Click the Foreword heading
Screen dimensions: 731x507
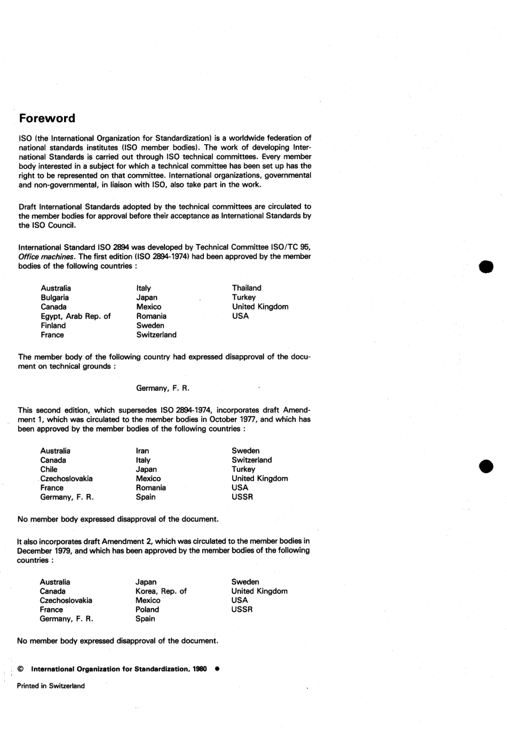(47, 119)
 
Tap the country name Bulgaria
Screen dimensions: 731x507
(54, 297)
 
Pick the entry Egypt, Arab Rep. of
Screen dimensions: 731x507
(76, 316)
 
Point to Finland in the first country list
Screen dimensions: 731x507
(53, 326)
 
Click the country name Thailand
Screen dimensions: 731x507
(247, 288)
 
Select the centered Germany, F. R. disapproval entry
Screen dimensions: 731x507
(163, 388)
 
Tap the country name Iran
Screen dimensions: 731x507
(142, 451)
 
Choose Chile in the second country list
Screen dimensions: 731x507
(49, 469)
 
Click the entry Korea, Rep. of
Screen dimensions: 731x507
(161, 591)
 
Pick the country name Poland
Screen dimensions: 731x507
(147, 609)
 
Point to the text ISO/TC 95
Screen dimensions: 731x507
(291, 247)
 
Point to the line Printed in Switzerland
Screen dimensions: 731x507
(51, 686)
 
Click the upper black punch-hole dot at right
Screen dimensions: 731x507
(486, 266)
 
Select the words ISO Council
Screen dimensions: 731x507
(53, 225)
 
